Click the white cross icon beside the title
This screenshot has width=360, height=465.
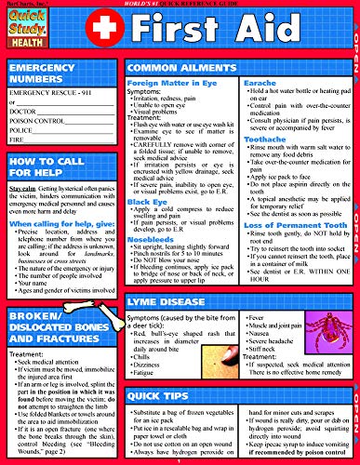pyautogui.click(x=135, y=33)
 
